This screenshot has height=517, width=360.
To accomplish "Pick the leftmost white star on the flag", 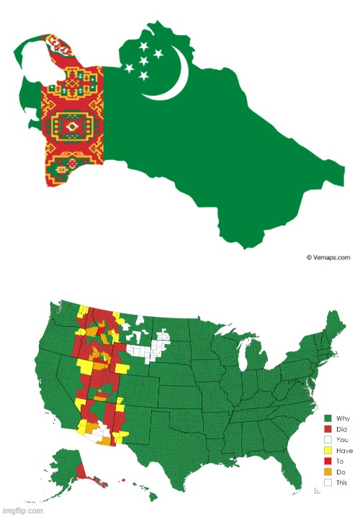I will pos(130,68).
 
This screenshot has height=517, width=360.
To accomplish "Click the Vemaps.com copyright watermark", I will pos(328,256).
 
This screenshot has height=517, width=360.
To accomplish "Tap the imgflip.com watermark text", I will pos(22,511).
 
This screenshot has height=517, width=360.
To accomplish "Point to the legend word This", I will pos(341,482).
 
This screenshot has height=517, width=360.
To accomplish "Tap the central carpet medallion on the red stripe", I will pos(72,127).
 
